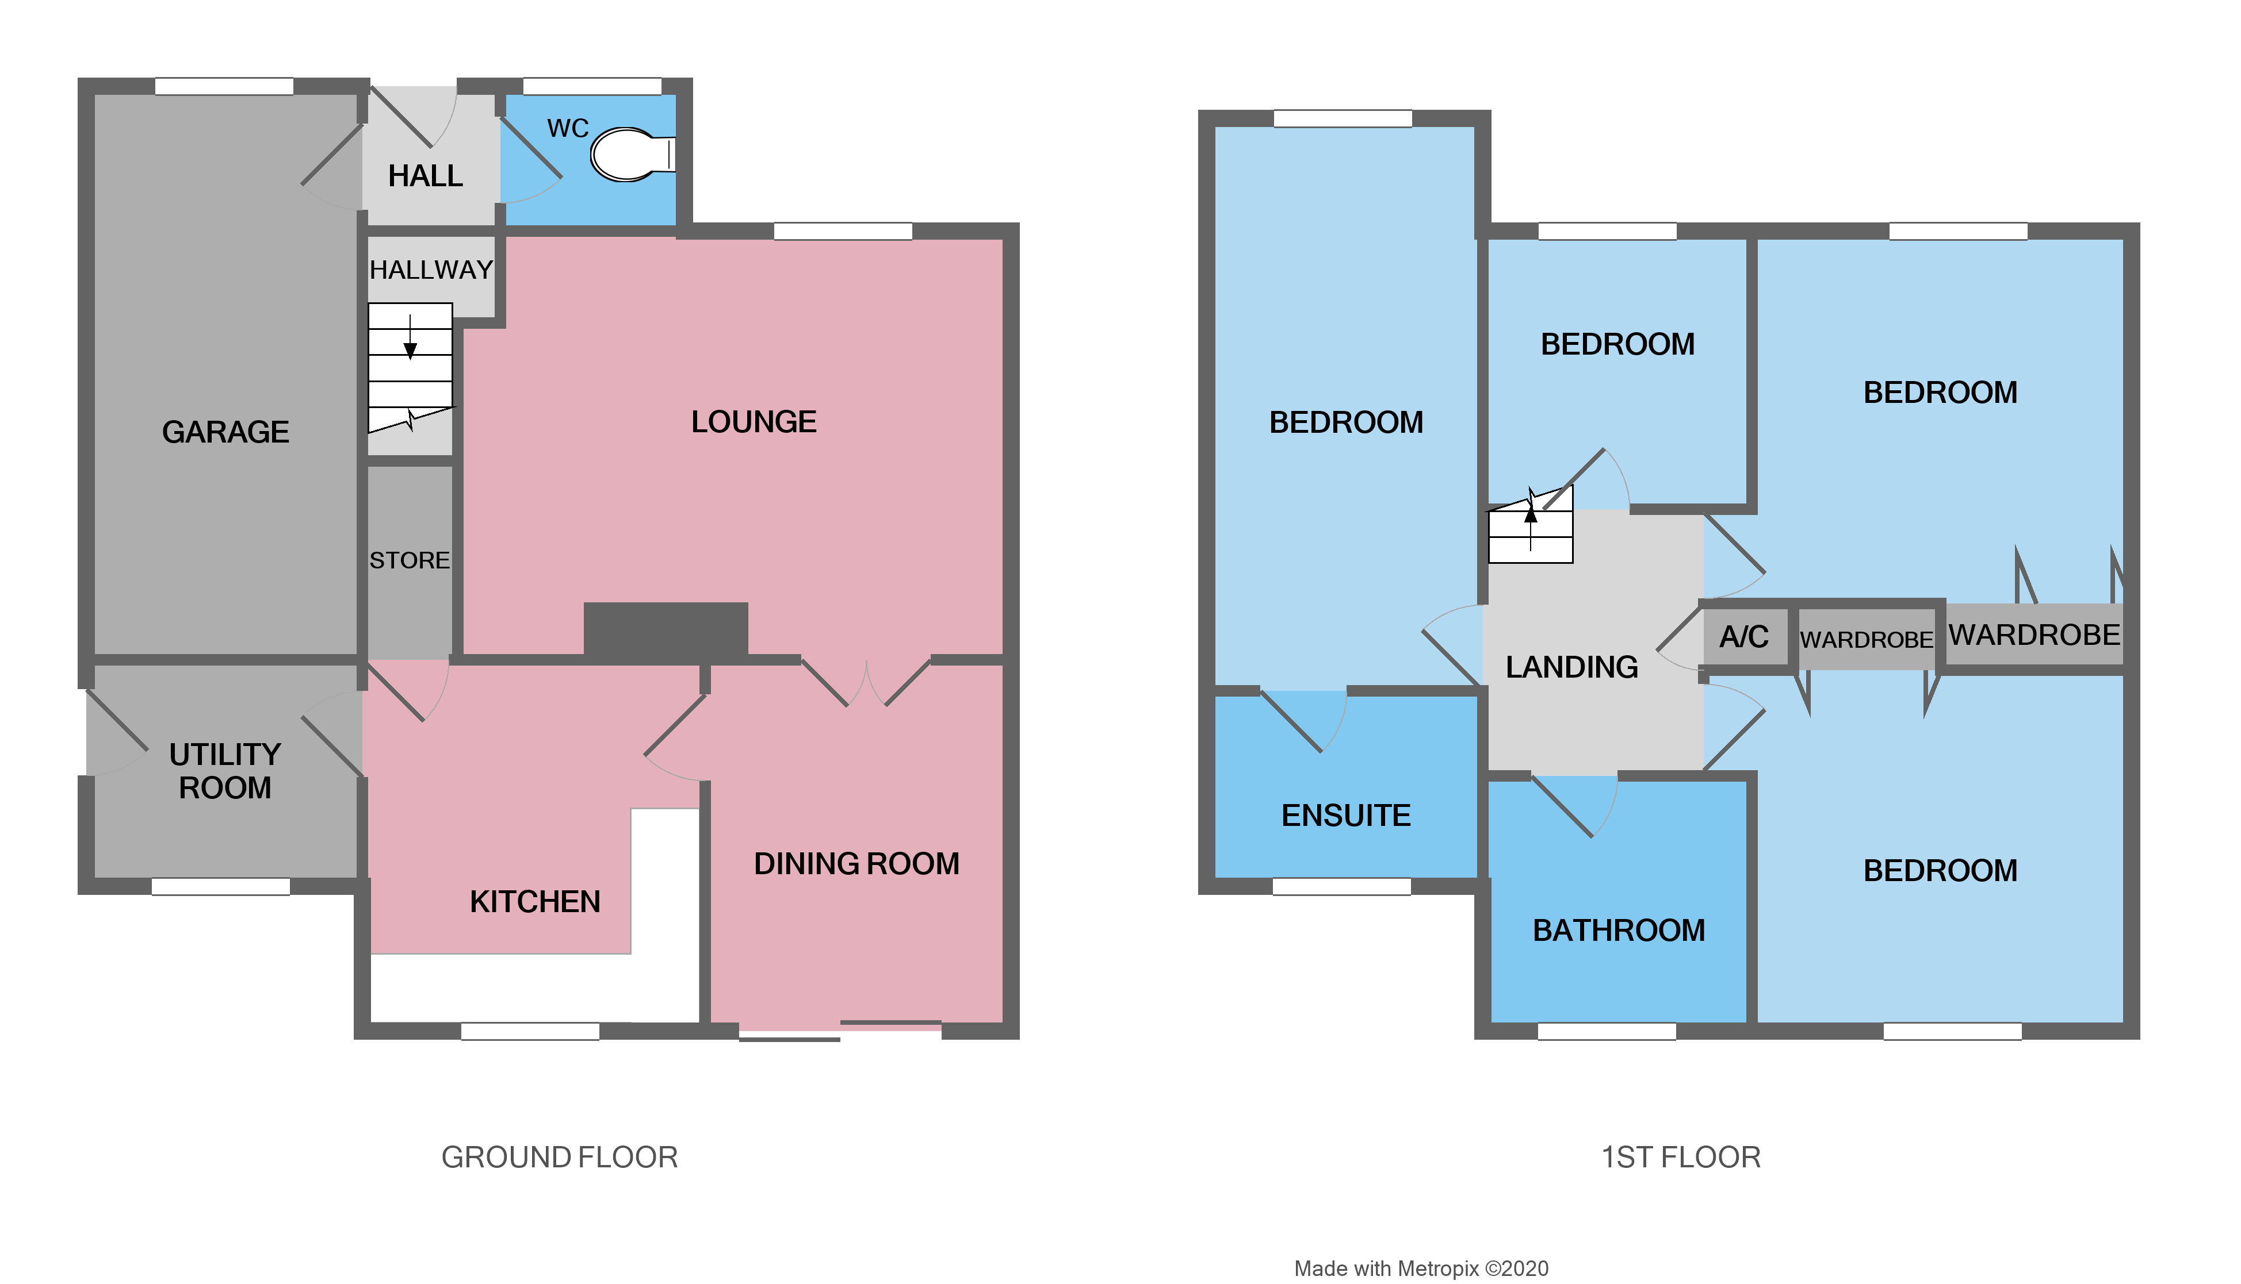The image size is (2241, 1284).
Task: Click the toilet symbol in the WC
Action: [x=628, y=155]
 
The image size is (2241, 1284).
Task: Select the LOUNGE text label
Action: [x=754, y=422]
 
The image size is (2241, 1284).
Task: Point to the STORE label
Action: [x=410, y=561]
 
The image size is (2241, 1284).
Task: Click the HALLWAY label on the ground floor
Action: [x=431, y=270]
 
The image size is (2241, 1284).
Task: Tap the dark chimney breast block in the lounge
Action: [x=666, y=630]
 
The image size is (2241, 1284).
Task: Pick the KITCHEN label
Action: [x=535, y=901]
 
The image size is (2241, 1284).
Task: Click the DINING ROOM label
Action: [x=856, y=863]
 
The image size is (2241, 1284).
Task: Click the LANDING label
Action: [x=1571, y=667]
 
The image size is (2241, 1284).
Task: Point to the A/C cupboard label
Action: [x=1743, y=637]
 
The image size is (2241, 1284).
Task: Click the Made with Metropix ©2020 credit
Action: [x=1421, y=1268]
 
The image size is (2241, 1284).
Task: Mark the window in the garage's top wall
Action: [x=224, y=86]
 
